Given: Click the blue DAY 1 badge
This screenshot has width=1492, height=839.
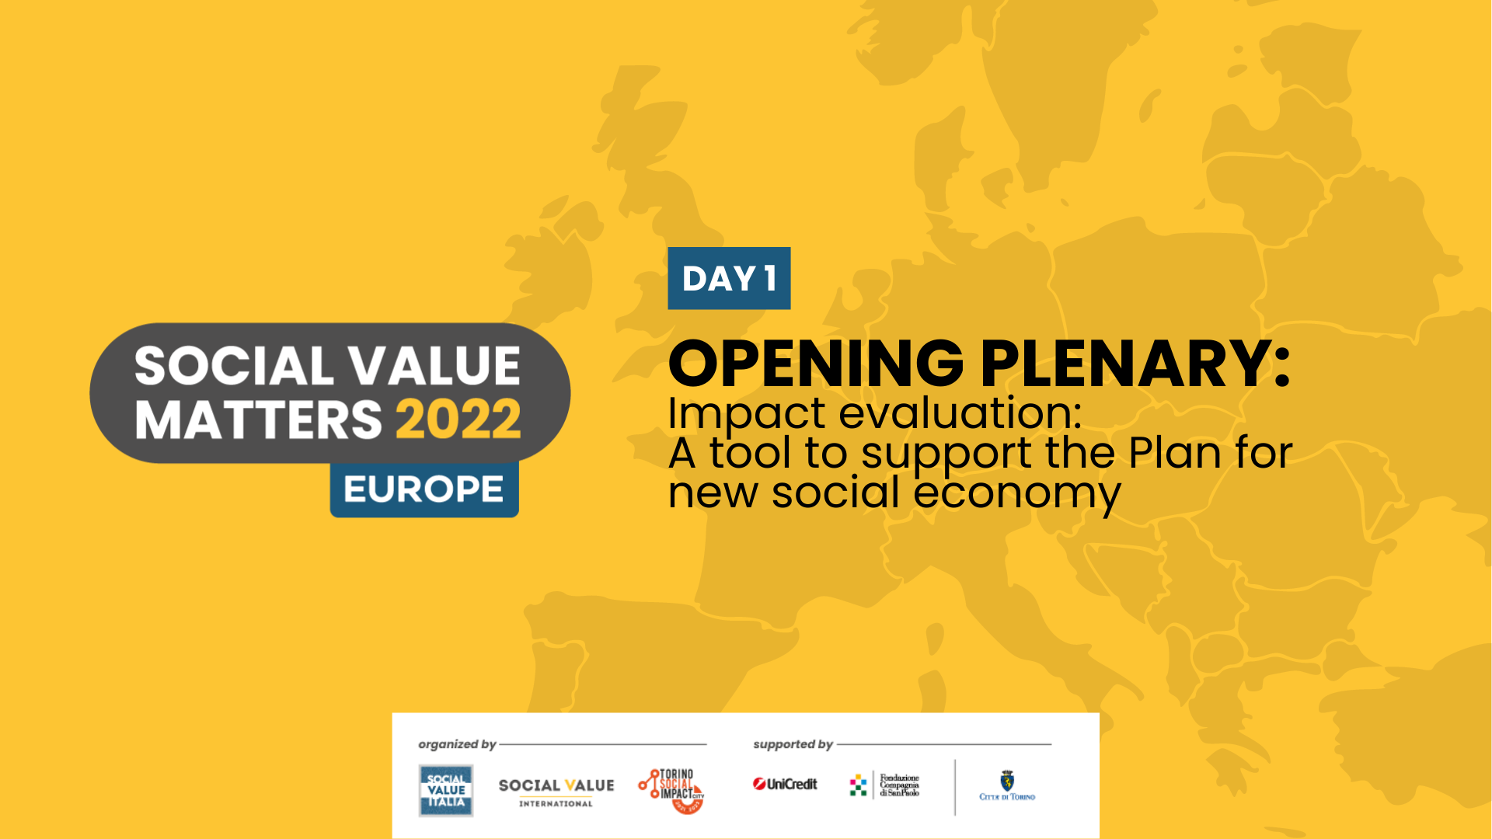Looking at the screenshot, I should click(x=729, y=278).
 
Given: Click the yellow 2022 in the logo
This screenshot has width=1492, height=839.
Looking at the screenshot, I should click(x=458, y=419).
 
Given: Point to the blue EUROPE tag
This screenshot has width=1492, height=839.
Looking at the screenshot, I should click(x=424, y=489).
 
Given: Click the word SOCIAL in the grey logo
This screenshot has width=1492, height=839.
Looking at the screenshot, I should click(x=234, y=366).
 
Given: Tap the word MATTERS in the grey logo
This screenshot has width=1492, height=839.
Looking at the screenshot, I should click(x=259, y=420).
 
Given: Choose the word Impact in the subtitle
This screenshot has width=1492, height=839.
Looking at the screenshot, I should click(x=746, y=413).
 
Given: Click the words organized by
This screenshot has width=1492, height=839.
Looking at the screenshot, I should click(x=457, y=744).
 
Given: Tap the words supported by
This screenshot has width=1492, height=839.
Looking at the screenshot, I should click(x=793, y=744).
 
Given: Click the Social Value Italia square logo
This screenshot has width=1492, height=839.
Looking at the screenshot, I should click(x=446, y=790).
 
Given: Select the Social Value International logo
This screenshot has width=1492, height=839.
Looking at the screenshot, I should click(x=556, y=792).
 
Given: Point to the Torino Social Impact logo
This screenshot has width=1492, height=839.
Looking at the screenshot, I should click(x=672, y=790).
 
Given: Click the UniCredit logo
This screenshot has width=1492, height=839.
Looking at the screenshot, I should click(x=785, y=785).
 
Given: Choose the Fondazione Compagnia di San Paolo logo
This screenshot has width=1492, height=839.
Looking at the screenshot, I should click(x=885, y=785).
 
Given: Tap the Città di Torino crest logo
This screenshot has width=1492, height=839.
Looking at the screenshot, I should click(x=1007, y=785).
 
